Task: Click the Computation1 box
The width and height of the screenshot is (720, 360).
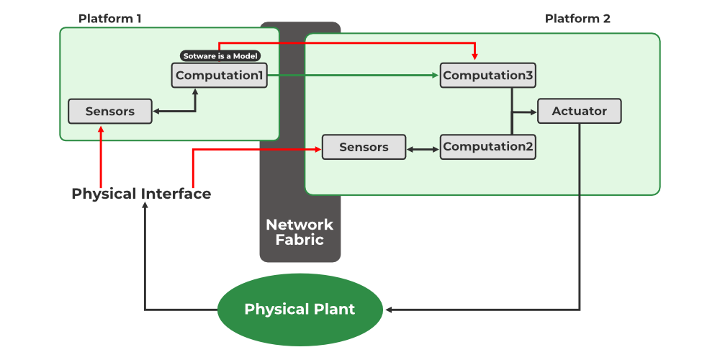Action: point(220,76)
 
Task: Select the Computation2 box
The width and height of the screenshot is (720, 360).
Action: point(488,147)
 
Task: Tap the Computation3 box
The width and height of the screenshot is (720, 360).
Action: point(488,76)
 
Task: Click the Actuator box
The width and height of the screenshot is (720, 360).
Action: point(579,112)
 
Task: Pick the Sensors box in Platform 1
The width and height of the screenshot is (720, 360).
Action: point(110,112)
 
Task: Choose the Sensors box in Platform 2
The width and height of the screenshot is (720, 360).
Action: point(364,147)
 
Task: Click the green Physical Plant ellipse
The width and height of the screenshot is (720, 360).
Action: point(300,310)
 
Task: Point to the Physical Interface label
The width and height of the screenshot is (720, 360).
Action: point(141,194)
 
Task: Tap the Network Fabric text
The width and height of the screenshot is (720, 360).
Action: point(300,232)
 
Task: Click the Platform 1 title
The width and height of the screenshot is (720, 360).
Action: point(109,19)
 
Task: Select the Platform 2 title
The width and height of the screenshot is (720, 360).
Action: point(577,19)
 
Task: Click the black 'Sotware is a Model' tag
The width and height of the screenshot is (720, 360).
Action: point(220,55)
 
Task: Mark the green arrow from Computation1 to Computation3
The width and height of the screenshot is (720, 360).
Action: point(353,75)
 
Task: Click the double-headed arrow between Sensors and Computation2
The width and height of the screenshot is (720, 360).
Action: point(423,150)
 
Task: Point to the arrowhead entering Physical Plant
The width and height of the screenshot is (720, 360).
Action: point(390,310)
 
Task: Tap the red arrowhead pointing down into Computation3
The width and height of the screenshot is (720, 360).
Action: point(474,55)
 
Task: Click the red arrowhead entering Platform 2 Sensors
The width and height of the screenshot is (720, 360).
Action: point(316,150)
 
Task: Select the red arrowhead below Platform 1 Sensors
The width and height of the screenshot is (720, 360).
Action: point(101,130)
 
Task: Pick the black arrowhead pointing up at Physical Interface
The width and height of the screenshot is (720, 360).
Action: point(145,207)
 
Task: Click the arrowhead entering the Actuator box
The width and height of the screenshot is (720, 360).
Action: point(533,112)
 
